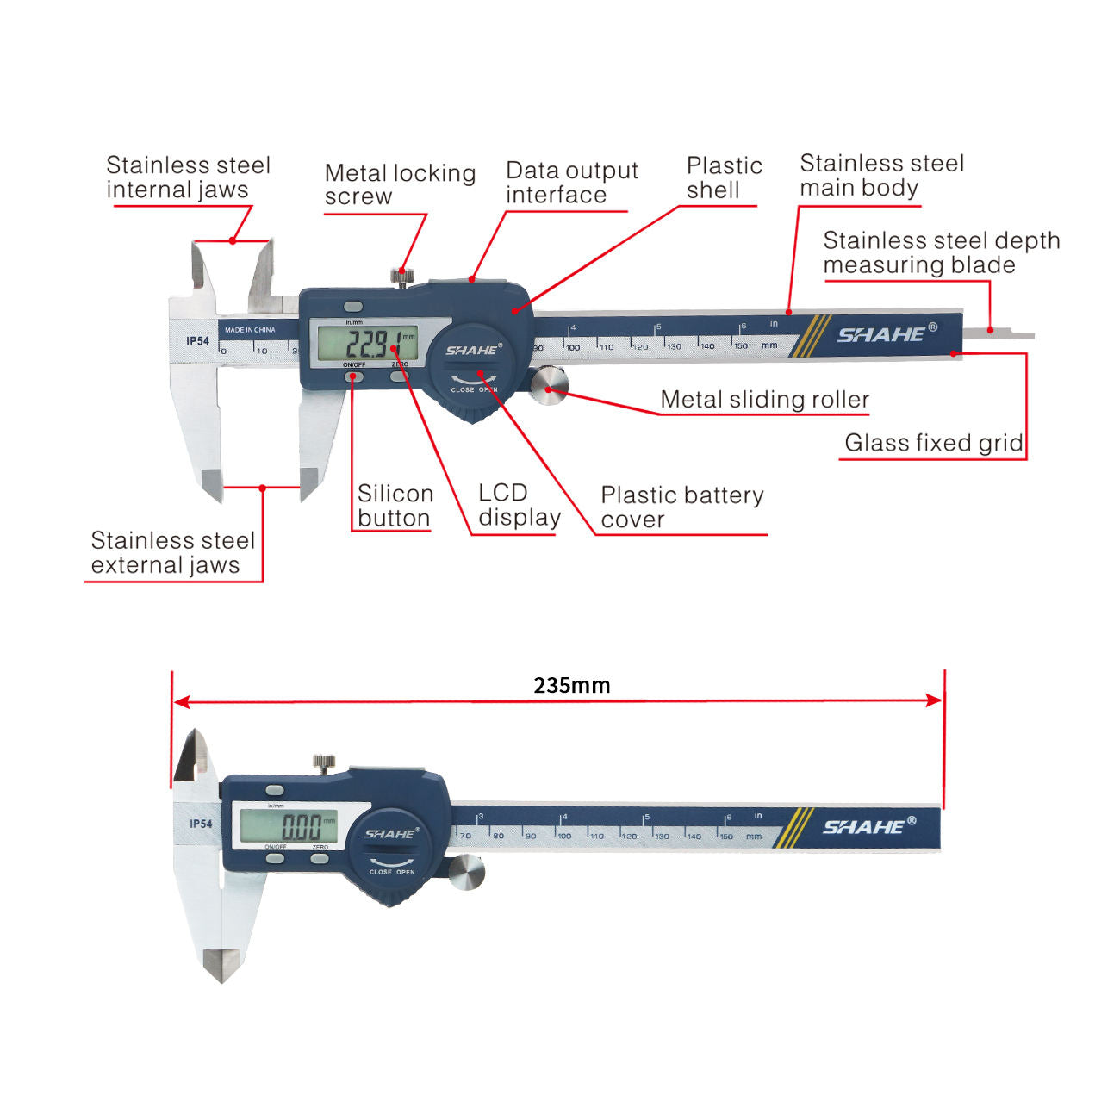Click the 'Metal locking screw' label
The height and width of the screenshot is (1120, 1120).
[x=400, y=184]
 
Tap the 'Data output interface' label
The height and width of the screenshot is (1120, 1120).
[x=571, y=183]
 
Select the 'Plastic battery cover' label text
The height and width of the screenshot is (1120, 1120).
[x=681, y=507]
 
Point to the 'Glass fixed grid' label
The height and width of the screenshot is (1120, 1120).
[x=933, y=443]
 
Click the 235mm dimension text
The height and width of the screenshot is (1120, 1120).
[x=571, y=686]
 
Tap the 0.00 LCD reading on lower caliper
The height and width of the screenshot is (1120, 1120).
[x=301, y=828]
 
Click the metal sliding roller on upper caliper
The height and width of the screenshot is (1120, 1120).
[x=548, y=385]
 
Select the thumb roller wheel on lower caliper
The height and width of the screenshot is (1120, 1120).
[x=466, y=873]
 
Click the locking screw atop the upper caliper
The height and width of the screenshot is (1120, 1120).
[x=400, y=277]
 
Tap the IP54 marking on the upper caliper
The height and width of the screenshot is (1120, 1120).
[x=197, y=341]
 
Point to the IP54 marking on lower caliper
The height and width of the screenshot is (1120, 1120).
[x=200, y=824]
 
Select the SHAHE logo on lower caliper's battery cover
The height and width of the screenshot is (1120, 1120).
[x=390, y=834]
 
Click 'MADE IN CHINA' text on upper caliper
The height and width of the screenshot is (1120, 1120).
[x=250, y=330]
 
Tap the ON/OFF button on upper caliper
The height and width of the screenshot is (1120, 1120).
[x=354, y=376]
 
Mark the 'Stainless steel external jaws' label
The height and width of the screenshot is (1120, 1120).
[x=172, y=553]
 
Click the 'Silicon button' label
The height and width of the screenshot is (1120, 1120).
[x=395, y=506]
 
